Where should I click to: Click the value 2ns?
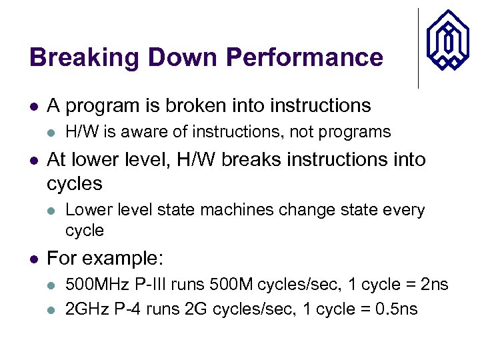coord(433,285)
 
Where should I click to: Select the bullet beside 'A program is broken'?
coord(34,106)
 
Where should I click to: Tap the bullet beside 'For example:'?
coord(34,259)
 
